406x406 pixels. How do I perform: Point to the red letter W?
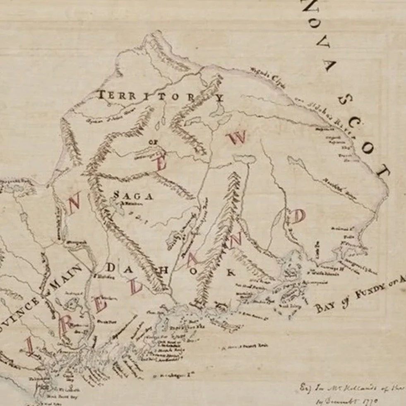point(239,137)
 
